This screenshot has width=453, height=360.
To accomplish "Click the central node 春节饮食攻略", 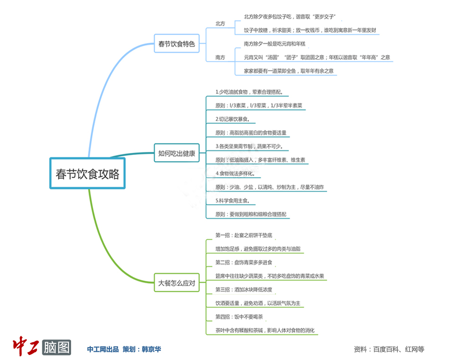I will tap(87, 174).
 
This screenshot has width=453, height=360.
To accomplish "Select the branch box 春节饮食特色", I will tap(176, 44).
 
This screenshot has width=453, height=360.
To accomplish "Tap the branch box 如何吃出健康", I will tap(176, 154).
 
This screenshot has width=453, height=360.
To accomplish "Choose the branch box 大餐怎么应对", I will tap(176, 283).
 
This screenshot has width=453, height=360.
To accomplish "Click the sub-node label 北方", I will tap(220, 23).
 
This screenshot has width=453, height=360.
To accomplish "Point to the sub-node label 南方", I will tap(220, 57).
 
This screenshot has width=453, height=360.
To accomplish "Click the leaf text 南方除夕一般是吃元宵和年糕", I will tap(274, 44).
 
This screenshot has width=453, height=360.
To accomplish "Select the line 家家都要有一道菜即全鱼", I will tap(288, 71).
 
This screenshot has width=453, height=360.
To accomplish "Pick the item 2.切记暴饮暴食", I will tap(235, 119).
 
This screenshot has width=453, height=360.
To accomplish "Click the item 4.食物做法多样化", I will tap(238, 174).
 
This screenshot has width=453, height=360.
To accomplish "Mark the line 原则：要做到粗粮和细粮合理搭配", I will tap(252, 214).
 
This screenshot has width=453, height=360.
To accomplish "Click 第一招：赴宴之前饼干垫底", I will tap(244, 235).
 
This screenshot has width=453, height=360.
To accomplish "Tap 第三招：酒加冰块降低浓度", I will tap(244, 289).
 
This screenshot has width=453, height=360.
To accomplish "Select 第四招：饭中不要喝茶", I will tap(239, 317).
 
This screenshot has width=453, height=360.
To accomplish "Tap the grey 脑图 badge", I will tap(57, 347).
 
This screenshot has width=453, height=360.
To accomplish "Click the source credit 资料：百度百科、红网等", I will tap(388, 350).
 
